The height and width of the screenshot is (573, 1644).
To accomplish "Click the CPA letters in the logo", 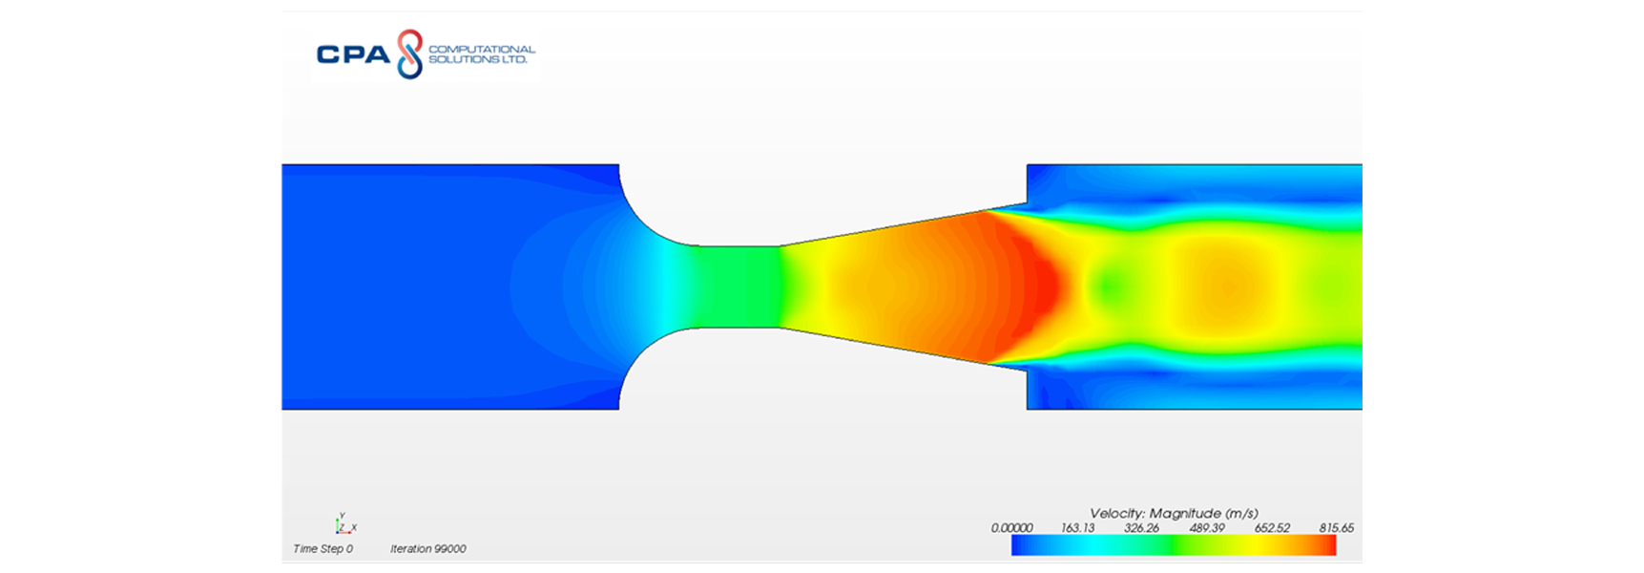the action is pos(352,54).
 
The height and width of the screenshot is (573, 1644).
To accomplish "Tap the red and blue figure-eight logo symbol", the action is pos(409,53).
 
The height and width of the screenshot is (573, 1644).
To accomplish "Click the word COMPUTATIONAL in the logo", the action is pos(482,49).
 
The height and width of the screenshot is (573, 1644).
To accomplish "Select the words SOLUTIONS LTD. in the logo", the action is pos(477,59).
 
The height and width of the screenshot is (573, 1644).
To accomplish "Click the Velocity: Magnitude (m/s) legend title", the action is pos(1174,513).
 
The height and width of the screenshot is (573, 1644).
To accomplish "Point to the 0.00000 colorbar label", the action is pos(1011,528).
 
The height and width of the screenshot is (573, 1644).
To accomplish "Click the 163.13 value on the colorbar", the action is pos(1077,528).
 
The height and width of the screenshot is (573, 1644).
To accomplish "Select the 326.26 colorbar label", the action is pos(1141,528).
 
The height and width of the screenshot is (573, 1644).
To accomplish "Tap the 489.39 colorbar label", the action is pos(1207,528).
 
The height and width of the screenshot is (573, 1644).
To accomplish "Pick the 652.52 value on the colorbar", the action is pos(1272,528).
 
